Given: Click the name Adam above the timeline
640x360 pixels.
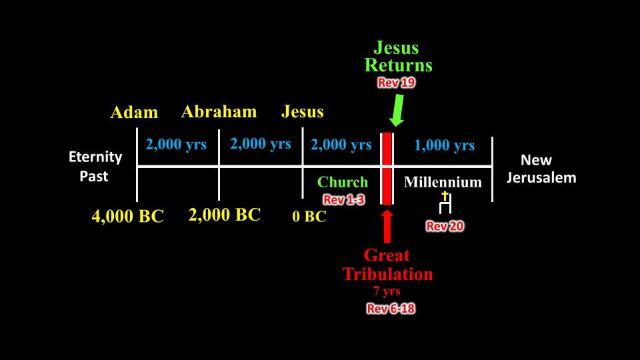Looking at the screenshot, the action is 134,112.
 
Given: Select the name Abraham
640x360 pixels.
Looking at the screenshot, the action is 219,111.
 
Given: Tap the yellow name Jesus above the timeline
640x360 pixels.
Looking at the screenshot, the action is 303,111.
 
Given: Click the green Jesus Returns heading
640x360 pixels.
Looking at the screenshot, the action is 398,57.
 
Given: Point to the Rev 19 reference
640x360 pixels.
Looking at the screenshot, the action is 396,83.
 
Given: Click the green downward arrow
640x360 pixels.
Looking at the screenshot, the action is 397,111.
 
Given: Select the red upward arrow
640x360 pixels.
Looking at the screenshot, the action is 387,227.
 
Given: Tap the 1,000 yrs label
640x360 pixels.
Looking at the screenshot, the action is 445,145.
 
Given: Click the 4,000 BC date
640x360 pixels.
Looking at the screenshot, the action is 128,216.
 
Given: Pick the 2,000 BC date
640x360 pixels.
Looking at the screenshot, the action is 225,215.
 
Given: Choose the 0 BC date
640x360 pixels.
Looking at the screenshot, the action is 309,216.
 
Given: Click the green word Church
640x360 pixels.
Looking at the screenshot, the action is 343,182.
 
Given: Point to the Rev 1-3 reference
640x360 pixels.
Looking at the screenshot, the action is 344,199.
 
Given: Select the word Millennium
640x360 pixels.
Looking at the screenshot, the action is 443,182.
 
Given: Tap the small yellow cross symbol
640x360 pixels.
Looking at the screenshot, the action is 445,196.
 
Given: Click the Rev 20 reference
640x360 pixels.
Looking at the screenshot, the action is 445,226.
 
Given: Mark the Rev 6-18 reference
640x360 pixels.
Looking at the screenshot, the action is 391,309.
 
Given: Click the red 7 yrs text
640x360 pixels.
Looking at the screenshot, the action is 387,291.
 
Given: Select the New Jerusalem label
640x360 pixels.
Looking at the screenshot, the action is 541,169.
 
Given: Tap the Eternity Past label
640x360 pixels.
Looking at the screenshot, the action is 95,166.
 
